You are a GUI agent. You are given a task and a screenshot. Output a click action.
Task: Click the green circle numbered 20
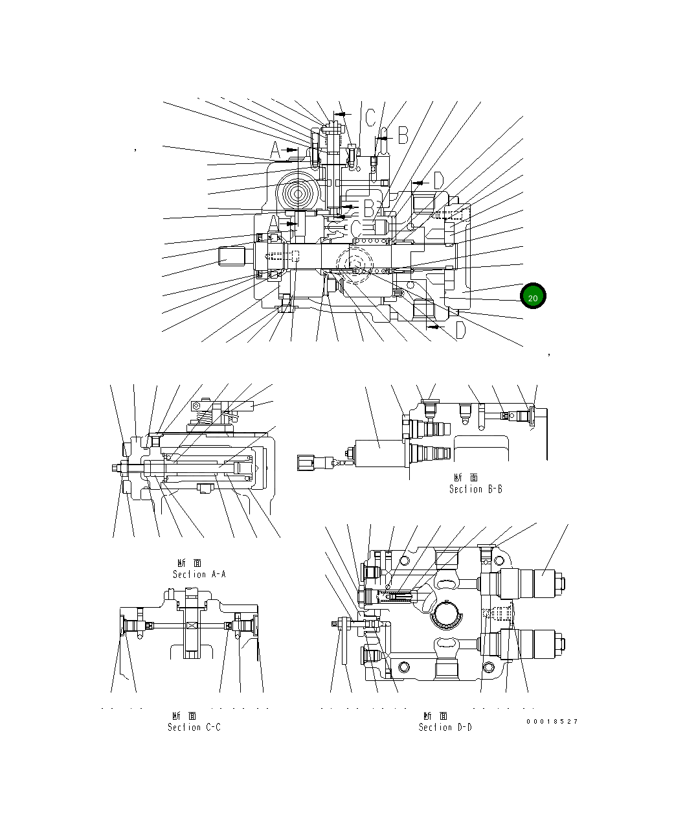point(533,297)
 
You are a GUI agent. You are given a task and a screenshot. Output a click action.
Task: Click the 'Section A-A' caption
point(199,574)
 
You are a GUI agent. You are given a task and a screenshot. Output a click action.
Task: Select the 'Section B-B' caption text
point(476,489)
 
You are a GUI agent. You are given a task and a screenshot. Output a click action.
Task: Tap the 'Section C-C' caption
point(194,727)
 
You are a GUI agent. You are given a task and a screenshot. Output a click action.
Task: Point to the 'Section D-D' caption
point(445,727)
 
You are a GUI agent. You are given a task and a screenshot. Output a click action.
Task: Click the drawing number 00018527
point(552,721)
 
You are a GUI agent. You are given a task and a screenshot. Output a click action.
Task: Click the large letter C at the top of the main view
point(370,118)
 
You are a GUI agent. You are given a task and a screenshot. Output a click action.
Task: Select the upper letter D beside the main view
point(438,181)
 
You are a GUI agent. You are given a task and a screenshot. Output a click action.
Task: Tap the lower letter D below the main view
point(459,330)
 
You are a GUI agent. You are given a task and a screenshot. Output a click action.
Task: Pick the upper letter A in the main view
point(275,151)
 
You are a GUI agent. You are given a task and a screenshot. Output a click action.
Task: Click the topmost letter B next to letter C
point(402,135)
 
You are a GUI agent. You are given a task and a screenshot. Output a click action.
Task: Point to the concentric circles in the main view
point(298,193)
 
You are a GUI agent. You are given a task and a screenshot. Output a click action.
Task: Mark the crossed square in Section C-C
point(191,625)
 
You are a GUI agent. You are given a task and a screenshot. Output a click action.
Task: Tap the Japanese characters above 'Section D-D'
point(436,716)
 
